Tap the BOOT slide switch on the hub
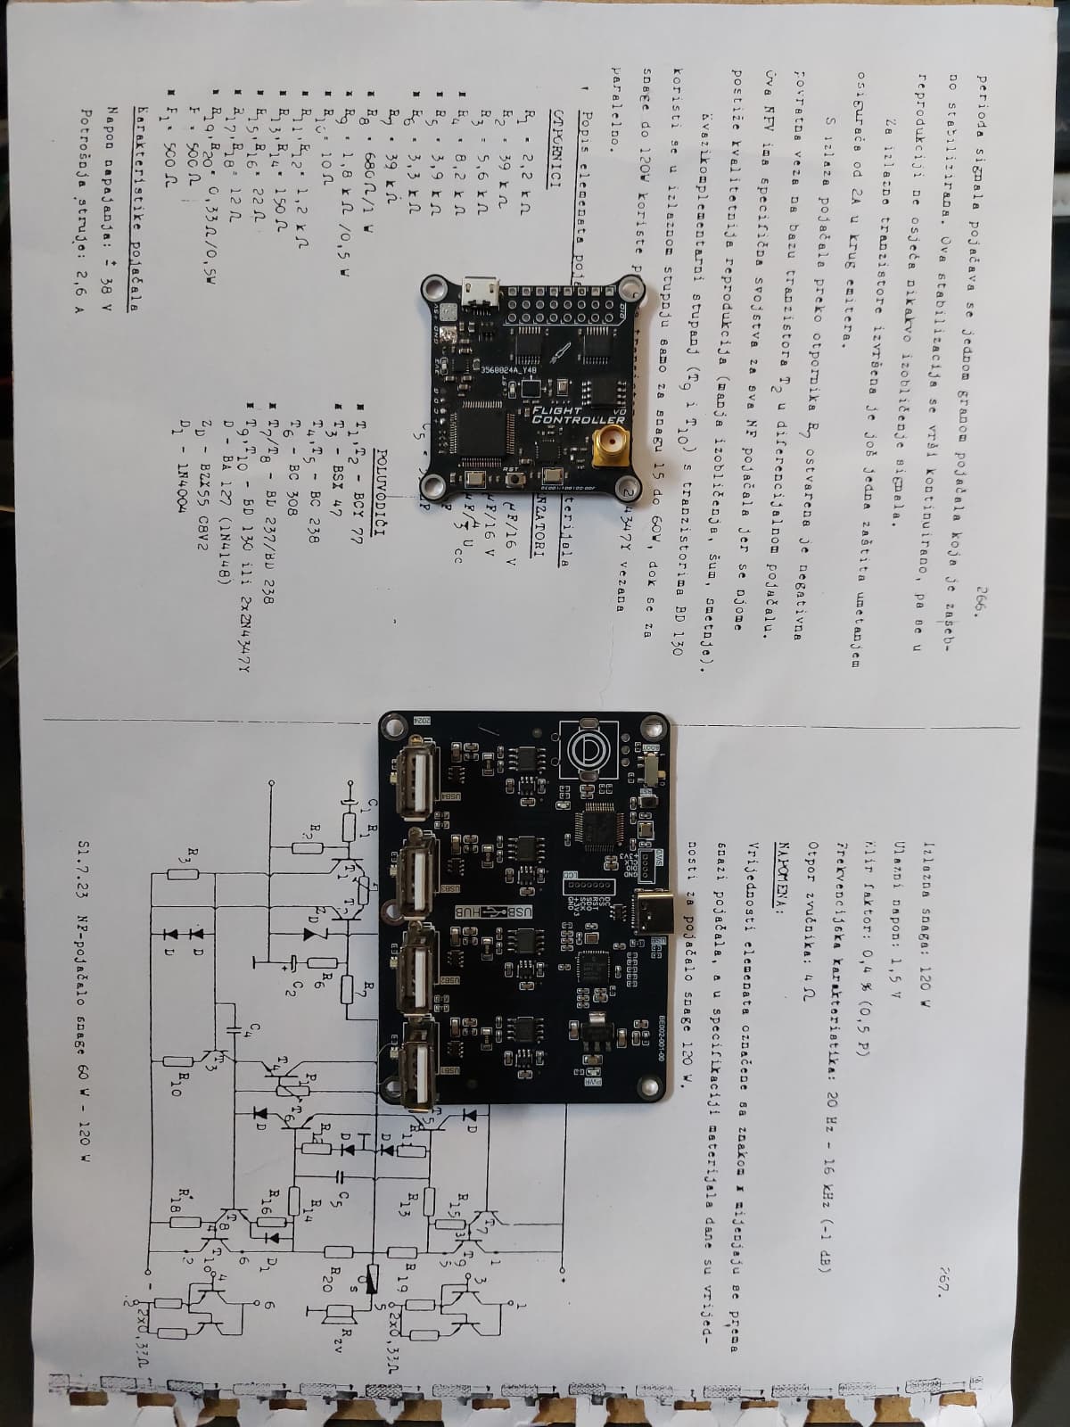654,769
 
